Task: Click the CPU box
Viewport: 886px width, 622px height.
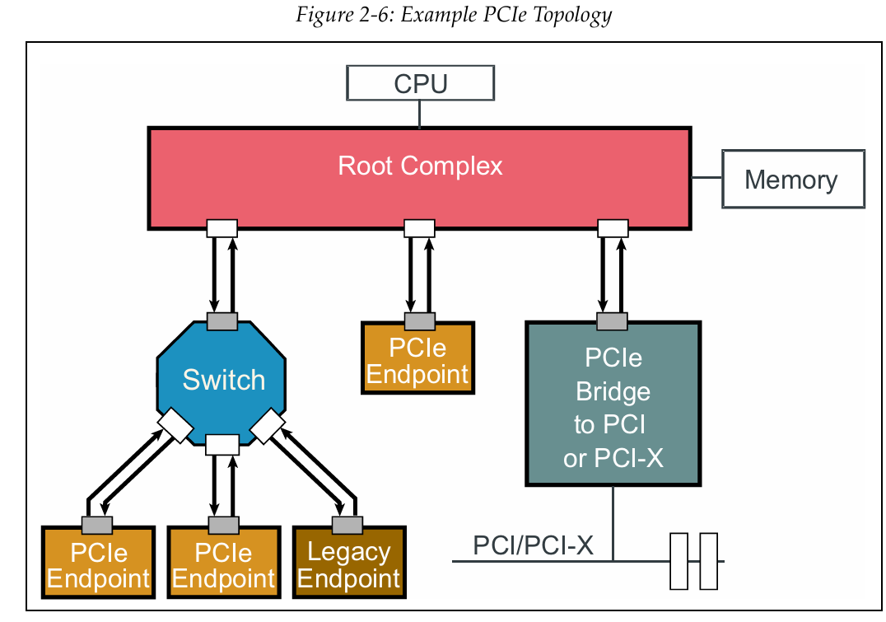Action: pyautogui.click(x=420, y=83)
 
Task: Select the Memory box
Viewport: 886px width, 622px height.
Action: pyautogui.click(x=792, y=179)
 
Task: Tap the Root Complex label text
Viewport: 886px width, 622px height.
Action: pyautogui.click(x=420, y=166)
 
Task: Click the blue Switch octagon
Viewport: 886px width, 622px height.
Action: pyautogui.click(x=222, y=380)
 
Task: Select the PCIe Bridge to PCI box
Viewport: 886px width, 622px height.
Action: pyautogui.click(x=613, y=404)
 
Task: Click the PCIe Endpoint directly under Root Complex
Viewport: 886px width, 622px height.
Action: pyautogui.click(x=417, y=362)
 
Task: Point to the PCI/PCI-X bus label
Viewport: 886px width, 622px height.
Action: pyautogui.click(x=533, y=545)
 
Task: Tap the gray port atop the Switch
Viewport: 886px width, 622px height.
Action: pyautogui.click(x=221, y=321)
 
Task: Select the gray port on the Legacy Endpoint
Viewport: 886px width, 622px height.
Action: pyautogui.click(x=347, y=525)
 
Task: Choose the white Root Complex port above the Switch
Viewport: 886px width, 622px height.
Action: pyautogui.click(x=221, y=227)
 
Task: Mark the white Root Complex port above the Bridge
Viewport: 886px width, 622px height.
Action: pyautogui.click(x=612, y=227)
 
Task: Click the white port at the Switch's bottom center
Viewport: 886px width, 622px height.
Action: pyautogui.click(x=221, y=445)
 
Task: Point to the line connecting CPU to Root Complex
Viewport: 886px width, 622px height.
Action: pyautogui.click(x=420, y=114)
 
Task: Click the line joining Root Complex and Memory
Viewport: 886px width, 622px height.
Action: pyautogui.click(x=706, y=178)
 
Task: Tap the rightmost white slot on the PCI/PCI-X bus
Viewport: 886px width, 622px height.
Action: pyautogui.click(x=708, y=561)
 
